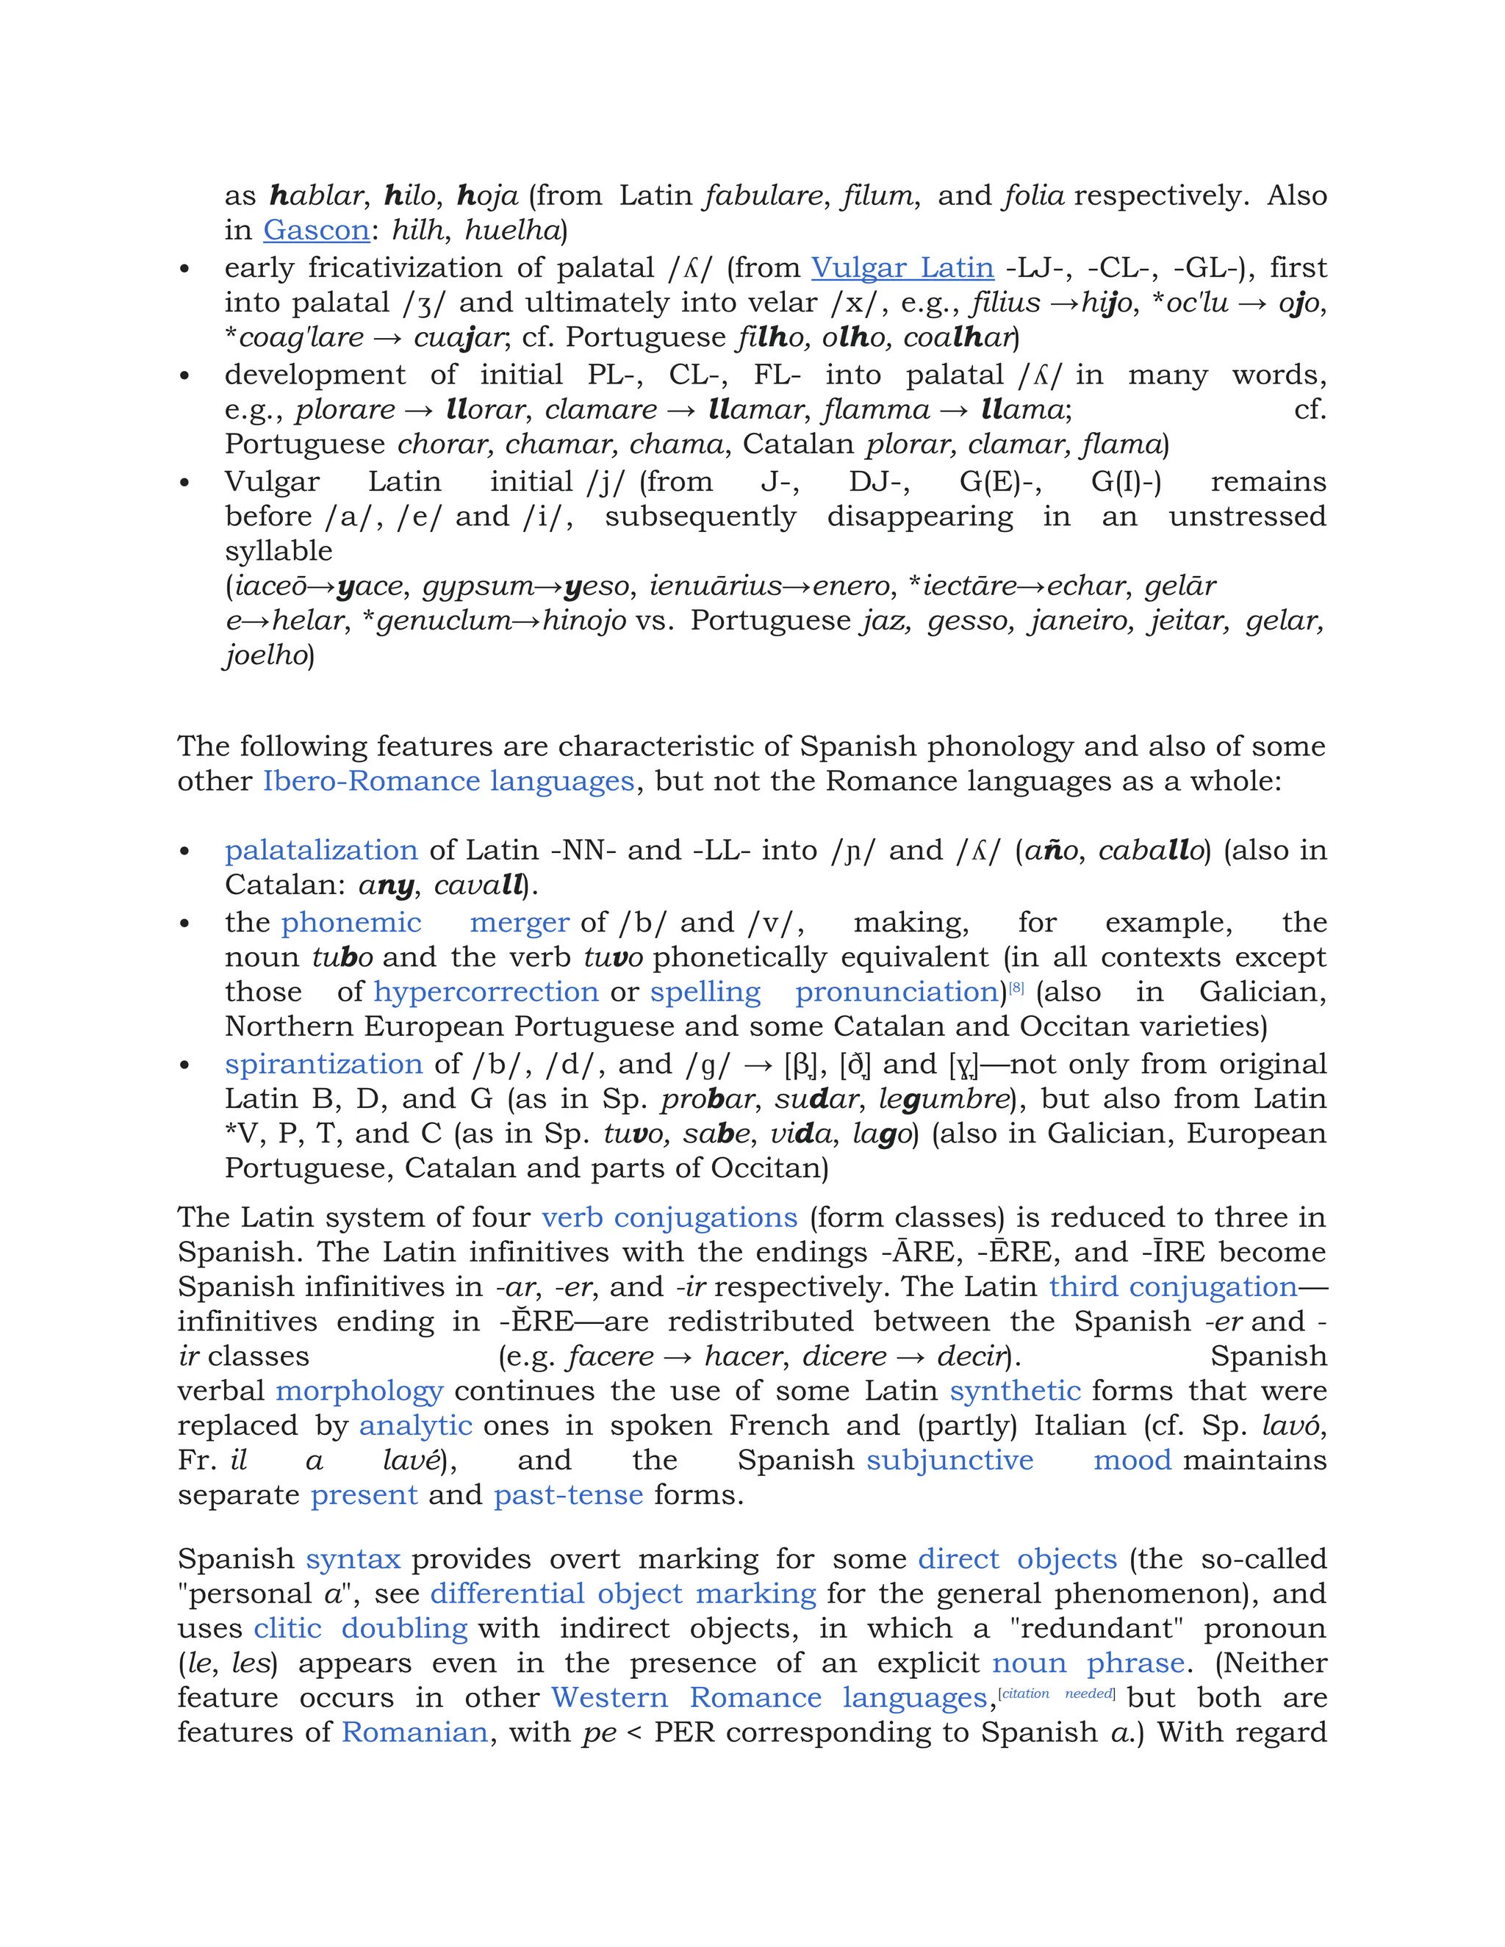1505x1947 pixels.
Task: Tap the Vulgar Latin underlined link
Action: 902,268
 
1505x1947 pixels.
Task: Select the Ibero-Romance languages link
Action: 448,782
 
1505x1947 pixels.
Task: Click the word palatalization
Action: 321,851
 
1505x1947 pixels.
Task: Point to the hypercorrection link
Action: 486,992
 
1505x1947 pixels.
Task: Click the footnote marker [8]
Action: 1016,987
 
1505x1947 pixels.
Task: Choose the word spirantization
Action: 323,1065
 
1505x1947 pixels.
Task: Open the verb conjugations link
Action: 669,1217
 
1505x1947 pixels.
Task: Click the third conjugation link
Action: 1172,1287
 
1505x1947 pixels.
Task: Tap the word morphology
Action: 359,1392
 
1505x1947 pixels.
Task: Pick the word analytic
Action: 415,1426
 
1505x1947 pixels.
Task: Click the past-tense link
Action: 568,1495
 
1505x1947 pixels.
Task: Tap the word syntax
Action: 353,1559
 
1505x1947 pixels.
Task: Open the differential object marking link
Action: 622,1594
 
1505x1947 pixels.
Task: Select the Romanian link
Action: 414,1732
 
